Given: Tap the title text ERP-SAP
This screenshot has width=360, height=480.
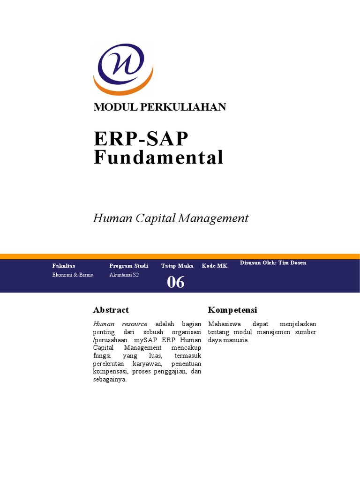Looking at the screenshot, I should point(141,139).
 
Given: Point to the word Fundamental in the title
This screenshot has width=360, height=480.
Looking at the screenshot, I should point(158,157).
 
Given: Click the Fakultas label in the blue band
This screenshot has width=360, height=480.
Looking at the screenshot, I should point(64,266).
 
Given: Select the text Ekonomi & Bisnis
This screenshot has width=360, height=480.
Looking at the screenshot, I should point(73,275).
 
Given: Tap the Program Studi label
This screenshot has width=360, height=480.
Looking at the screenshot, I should point(128,266).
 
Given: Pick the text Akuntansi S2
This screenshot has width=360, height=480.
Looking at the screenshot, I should point(124,275).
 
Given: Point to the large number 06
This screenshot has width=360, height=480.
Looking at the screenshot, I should point(176,282).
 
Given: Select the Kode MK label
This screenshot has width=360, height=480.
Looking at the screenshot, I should point(215,266).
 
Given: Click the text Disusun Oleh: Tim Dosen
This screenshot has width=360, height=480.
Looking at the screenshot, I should point(273,262).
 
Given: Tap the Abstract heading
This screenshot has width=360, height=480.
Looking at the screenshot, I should point(111,310).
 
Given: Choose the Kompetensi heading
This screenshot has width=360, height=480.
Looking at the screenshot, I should point(232,310).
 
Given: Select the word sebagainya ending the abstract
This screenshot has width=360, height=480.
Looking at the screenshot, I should point(110,380).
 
